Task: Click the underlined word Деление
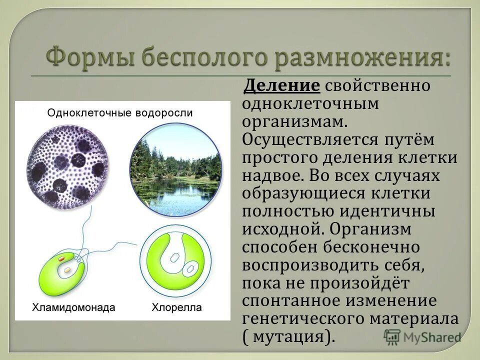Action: click(281, 85)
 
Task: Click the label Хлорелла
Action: click(177, 307)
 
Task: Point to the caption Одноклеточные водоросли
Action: click(120, 112)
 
